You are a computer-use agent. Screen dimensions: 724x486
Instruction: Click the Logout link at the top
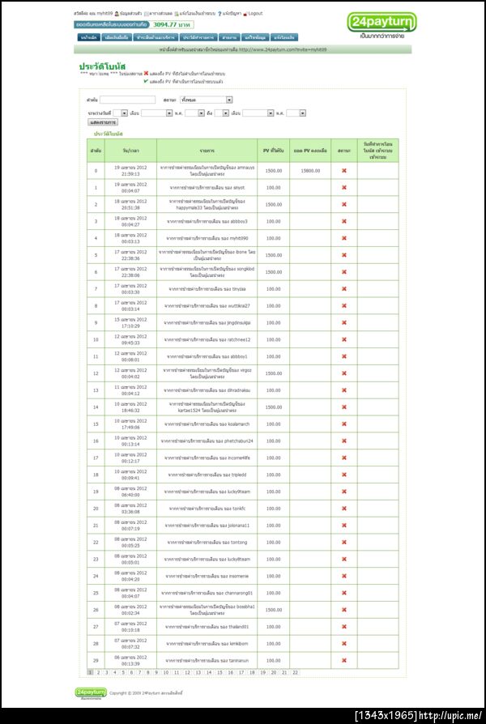click(255, 14)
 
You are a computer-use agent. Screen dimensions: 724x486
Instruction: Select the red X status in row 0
click(343, 170)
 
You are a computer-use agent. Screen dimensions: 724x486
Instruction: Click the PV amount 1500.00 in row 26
click(274, 610)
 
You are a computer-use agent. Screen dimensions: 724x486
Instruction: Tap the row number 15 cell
click(96, 424)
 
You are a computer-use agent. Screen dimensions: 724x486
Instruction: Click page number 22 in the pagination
click(295, 672)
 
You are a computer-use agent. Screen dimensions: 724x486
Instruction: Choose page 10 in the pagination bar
click(166, 672)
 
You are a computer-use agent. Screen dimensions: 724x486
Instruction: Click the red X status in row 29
click(343, 661)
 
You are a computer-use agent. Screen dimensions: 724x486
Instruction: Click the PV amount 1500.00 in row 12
click(274, 373)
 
